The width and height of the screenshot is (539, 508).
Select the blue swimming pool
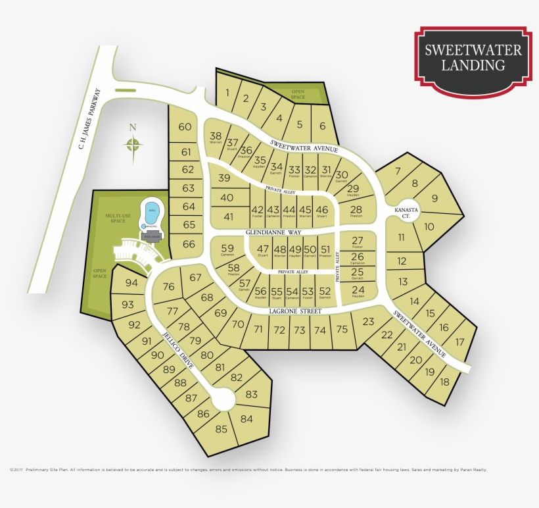tap(152, 212)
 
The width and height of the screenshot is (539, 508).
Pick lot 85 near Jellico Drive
tap(221, 430)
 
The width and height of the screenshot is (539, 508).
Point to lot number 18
tap(445, 382)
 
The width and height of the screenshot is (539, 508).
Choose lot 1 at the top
tap(227, 93)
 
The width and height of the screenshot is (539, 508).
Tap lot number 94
tap(131, 283)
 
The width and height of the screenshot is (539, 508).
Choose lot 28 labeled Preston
tap(356, 211)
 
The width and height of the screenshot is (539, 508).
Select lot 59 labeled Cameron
tap(227, 249)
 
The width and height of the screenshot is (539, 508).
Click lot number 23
tap(367, 321)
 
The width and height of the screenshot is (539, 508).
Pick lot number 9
tap(434, 198)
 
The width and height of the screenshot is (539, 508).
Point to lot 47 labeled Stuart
tap(263, 250)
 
